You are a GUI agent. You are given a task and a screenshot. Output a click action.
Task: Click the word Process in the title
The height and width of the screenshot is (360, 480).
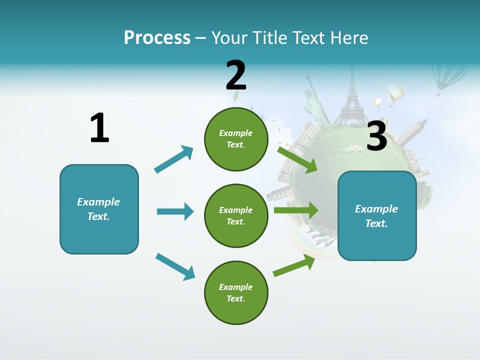point(157,38)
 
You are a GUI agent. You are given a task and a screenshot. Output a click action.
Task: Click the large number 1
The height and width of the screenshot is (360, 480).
point(99,128)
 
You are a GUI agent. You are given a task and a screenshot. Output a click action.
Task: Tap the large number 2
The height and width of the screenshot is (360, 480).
point(235,75)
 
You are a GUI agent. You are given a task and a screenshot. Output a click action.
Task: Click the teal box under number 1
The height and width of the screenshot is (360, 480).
point(99,209)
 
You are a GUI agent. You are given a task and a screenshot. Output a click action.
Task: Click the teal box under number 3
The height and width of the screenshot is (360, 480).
point(377,215)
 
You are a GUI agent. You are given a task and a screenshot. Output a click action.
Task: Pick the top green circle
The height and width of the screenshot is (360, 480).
point(236,139)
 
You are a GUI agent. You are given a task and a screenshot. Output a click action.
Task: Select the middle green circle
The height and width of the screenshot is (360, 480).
point(236,215)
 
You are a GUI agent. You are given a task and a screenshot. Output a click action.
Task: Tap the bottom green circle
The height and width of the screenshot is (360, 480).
point(236,292)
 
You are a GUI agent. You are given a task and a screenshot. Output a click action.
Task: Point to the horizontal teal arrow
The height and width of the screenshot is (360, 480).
point(175,211)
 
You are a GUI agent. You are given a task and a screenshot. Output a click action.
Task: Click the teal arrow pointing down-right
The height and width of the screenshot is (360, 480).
point(175,266)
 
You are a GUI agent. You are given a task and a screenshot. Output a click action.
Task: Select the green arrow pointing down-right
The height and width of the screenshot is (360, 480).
point(297,159)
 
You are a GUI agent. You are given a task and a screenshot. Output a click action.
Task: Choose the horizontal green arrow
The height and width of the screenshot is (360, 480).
point(295,210)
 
